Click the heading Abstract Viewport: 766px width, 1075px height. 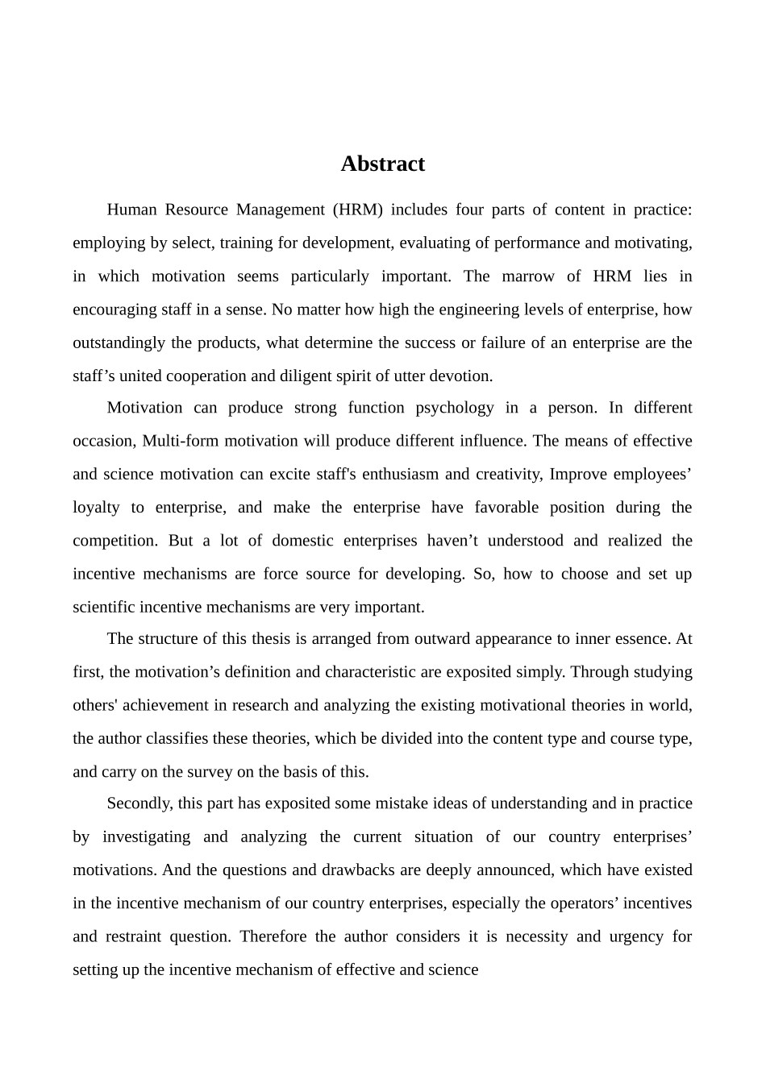(x=382, y=164)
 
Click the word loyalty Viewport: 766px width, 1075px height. (x=96, y=508)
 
